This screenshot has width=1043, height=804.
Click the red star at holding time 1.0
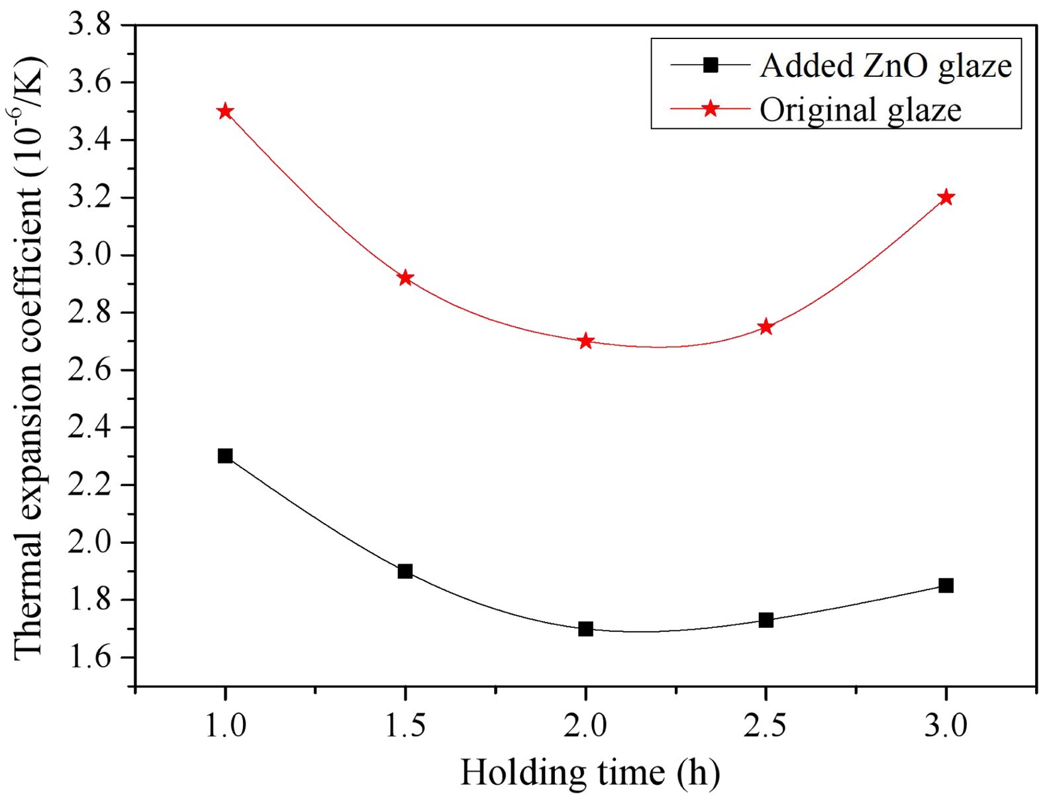[225, 111]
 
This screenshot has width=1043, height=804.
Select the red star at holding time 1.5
[405, 278]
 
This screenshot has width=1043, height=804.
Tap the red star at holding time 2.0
[585, 342]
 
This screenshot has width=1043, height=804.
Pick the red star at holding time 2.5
[766, 327]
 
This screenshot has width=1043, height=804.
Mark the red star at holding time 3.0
[946, 197]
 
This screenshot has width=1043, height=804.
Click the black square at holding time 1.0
[225, 456]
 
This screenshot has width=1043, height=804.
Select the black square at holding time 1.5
[405, 571]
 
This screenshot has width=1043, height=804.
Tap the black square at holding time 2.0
[585, 628]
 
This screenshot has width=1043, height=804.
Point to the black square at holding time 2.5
[766, 620]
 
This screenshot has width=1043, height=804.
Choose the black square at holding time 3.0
[946, 585]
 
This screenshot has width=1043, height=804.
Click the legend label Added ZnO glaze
[885, 66]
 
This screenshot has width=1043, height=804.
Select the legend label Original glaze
[860, 110]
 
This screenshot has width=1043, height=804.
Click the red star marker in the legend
[711, 108]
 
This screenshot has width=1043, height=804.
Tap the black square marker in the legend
[711, 65]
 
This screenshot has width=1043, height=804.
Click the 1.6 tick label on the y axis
[91, 658]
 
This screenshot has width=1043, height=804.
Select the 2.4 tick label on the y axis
[91, 427]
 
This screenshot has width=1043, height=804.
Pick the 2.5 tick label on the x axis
[766, 726]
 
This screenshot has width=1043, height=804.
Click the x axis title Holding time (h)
[590, 773]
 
